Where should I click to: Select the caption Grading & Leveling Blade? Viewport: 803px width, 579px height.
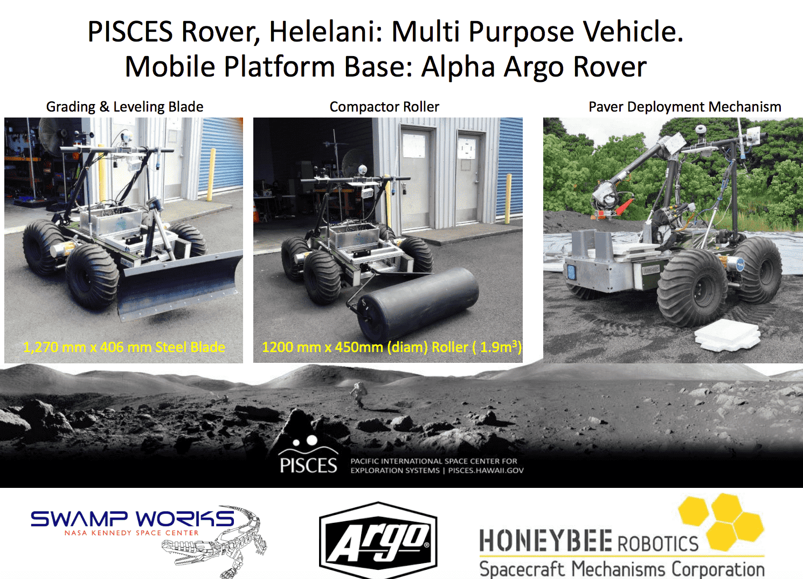pos(124,107)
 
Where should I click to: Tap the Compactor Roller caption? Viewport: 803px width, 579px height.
pos(384,107)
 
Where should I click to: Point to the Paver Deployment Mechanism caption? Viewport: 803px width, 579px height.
pos(684,107)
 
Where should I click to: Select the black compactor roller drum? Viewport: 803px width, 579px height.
pos(420,302)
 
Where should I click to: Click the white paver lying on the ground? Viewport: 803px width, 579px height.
pos(728,335)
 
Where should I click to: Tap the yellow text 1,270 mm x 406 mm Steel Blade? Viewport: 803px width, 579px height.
pos(124,347)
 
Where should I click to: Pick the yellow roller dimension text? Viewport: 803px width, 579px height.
pos(391,347)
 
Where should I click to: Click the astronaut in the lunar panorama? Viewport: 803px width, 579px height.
pos(357,395)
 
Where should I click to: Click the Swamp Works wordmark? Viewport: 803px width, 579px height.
pos(132,519)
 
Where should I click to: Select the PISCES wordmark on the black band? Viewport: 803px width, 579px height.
pos(308,465)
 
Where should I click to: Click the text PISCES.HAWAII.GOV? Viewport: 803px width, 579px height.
pos(486,471)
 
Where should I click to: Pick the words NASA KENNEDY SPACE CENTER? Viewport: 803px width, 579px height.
pos(131,533)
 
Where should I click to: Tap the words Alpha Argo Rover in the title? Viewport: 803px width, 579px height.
pos(534,67)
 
